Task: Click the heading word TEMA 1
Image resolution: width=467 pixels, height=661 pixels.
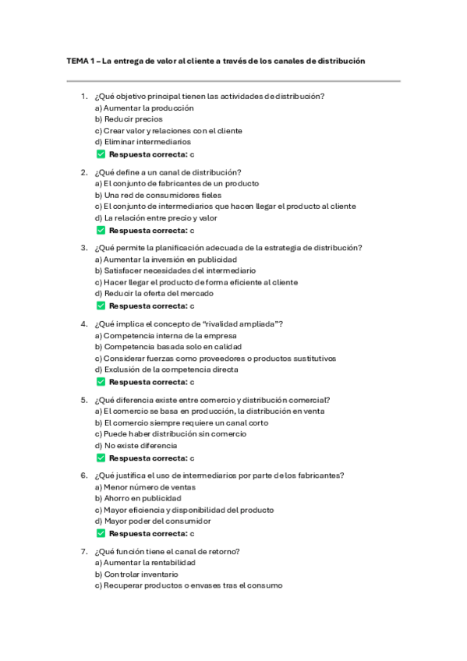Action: click(x=78, y=60)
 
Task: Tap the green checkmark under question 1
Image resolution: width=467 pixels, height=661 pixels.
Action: click(x=100, y=154)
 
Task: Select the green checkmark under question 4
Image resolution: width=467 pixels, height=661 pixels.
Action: click(x=100, y=382)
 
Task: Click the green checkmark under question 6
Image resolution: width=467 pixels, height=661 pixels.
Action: click(x=100, y=533)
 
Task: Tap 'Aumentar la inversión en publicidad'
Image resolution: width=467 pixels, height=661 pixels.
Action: click(x=165, y=259)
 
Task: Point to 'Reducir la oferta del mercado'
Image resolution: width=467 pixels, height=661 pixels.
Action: click(x=154, y=293)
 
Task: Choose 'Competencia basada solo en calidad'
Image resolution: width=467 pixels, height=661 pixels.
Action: click(x=168, y=346)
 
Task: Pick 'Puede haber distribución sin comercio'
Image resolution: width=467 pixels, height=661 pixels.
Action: click(x=171, y=433)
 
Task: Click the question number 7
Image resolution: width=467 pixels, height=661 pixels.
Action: click(x=83, y=551)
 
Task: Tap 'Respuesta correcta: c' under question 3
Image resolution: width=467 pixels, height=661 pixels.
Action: click(x=151, y=306)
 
